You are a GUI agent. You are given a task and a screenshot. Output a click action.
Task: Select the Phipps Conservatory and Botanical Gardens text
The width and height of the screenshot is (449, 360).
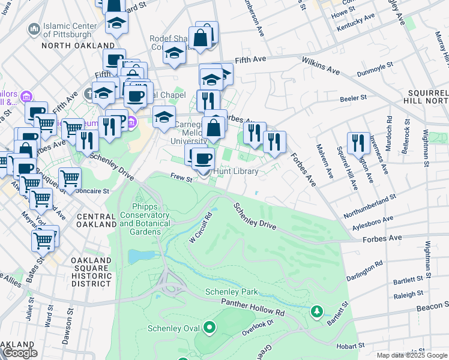(146, 219)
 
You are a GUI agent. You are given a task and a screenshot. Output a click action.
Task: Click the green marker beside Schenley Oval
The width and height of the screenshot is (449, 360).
(209, 328)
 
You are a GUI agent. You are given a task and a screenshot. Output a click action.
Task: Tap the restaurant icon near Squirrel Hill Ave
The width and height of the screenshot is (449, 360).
(358, 143)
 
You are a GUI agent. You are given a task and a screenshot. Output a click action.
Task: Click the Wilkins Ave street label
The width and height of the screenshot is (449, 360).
(321, 67)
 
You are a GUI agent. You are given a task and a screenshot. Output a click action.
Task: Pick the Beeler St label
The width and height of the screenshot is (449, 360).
(354, 97)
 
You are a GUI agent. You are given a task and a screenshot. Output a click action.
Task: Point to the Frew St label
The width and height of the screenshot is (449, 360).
(180, 178)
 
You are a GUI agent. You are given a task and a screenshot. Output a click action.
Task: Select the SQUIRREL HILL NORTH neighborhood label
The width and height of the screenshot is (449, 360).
(427, 98)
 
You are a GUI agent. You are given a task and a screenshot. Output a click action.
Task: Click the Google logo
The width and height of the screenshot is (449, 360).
(20, 353)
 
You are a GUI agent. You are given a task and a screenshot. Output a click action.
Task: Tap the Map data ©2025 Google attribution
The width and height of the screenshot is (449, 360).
(411, 355)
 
